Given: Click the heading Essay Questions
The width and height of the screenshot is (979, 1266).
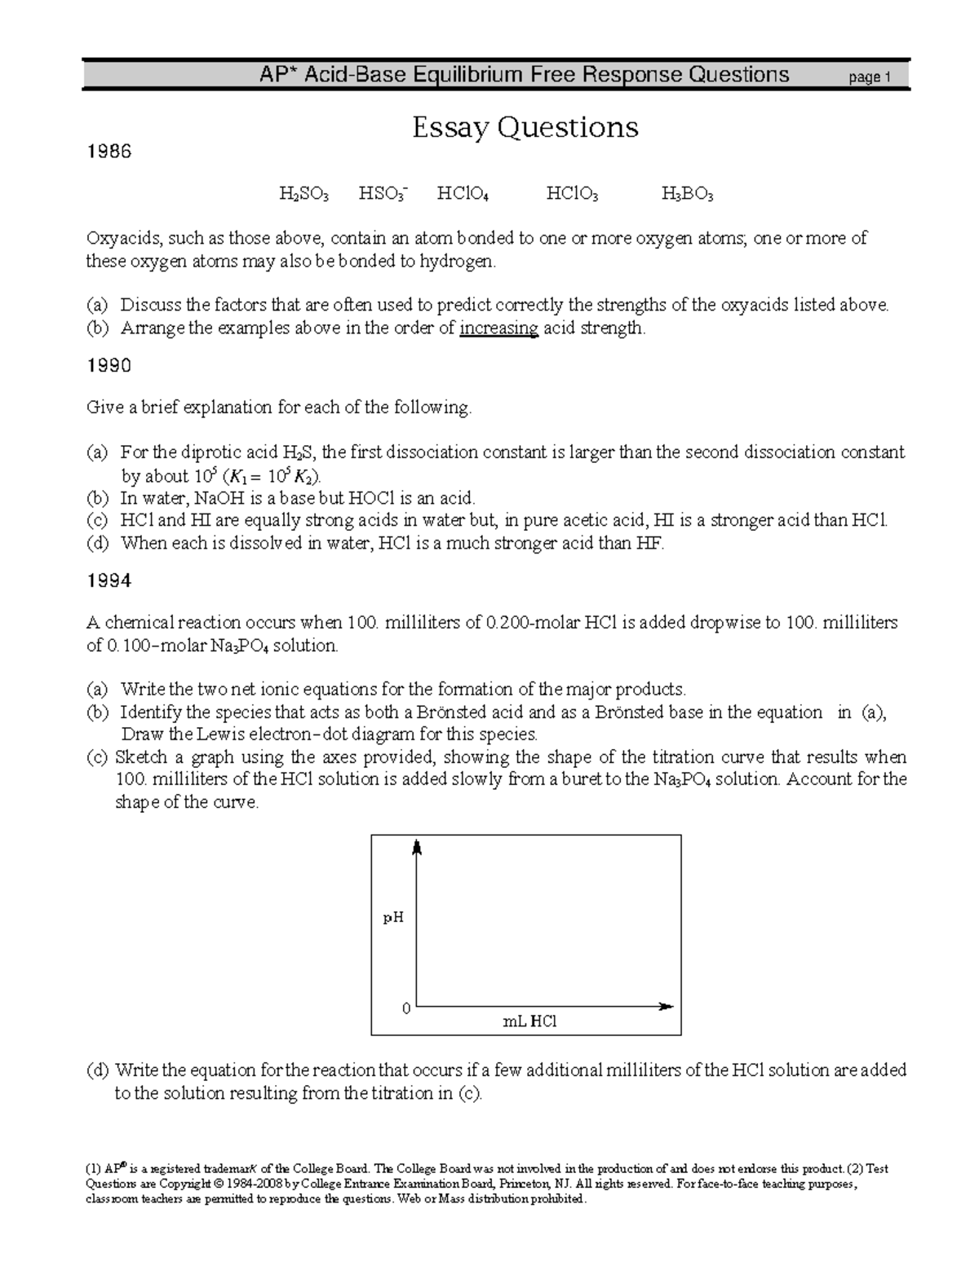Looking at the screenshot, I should [x=525, y=127].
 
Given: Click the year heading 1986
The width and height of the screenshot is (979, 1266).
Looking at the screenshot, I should [x=109, y=152].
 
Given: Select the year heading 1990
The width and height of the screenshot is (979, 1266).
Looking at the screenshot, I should [x=109, y=367].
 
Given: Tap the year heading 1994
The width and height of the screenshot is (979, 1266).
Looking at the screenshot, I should [x=109, y=581].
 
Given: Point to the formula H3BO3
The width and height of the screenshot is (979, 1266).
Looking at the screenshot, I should [x=687, y=194].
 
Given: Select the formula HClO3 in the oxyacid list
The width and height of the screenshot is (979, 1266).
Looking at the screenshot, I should [x=572, y=194].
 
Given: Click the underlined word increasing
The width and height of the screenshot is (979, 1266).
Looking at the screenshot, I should [x=498, y=329].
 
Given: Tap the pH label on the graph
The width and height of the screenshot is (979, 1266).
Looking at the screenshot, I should [x=393, y=918].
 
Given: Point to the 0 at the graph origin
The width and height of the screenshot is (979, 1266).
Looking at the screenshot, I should [x=406, y=1008].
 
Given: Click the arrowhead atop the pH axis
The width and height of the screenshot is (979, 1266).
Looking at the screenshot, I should [x=417, y=848].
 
